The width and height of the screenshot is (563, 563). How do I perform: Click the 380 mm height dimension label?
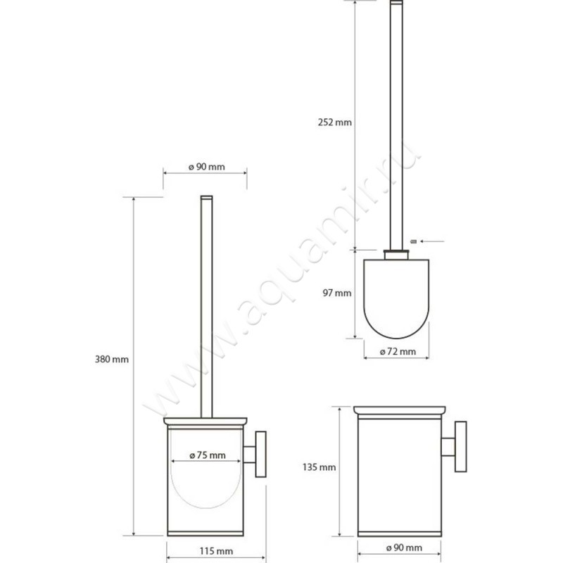point(111,359)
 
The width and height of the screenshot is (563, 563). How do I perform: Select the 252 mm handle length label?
point(334,122)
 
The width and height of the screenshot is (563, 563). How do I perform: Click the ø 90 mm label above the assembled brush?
point(206,167)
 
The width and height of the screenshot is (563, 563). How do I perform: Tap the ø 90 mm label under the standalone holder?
point(400,547)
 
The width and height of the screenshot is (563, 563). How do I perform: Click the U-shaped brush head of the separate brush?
point(396,296)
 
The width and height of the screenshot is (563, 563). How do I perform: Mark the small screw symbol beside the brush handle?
point(414,241)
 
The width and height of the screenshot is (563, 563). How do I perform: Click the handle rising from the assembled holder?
point(205,303)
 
